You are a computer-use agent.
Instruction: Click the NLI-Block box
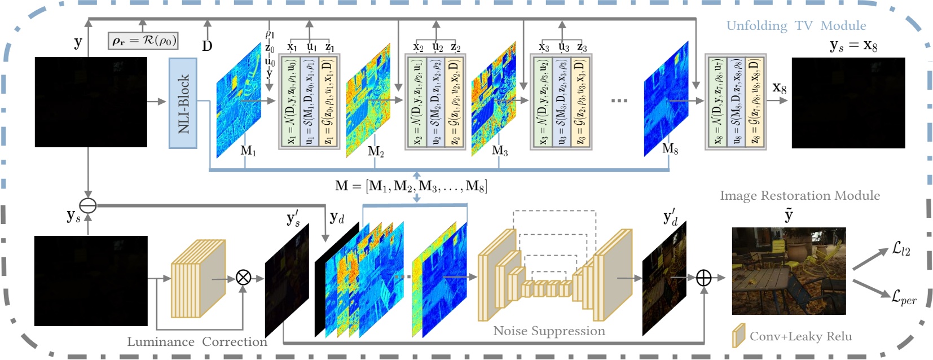pyautogui.click(x=183, y=103)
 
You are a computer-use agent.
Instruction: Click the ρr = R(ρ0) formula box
pyautogui.click(x=143, y=41)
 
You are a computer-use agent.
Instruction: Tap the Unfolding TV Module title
pyautogui.click(x=795, y=26)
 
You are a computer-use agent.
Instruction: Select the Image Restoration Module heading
pyautogui.click(x=799, y=196)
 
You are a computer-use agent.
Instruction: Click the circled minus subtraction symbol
pyautogui.click(x=88, y=205)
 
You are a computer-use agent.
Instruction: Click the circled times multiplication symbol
pyautogui.click(x=243, y=278)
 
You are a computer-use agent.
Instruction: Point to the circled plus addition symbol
pyautogui.click(x=704, y=278)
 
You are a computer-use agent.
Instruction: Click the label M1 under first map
pyautogui.click(x=248, y=151)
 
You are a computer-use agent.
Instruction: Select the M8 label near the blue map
pyautogui.click(x=670, y=149)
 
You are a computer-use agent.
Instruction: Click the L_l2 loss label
pyautogui.click(x=901, y=248)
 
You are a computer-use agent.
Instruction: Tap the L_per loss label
pyautogui.click(x=903, y=297)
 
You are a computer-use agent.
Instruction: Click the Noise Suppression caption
pyautogui.click(x=549, y=331)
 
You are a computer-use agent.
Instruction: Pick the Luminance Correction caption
pyautogui.click(x=197, y=342)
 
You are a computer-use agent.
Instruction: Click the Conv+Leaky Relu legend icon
pyautogui.click(x=738, y=336)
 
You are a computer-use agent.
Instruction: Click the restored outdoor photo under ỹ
pyautogui.click(x=789, y=271)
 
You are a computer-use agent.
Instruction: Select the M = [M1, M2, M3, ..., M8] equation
pyautogui.click(x=411, y=186)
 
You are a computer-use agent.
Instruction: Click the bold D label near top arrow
pyautogui.click(x=207, y=46)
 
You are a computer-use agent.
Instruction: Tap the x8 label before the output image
pyautogui.click(x=779, y=88)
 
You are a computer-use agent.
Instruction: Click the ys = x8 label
pyautogui.click(x=853, y=46)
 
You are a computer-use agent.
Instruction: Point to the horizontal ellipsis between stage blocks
pyautogui.click(x=619, y=101)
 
